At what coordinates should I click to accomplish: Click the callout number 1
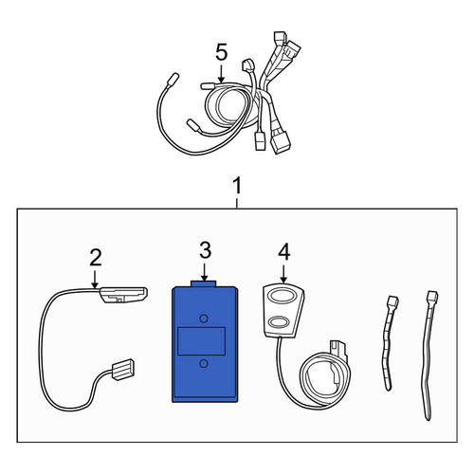coord(237,186)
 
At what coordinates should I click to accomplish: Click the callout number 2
coord(96,258)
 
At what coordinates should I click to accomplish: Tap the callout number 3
coord(206,251)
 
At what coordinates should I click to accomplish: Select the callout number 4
coord(284,252)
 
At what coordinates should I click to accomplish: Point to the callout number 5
coord(222,52)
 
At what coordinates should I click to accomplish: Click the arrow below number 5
coord(222,74)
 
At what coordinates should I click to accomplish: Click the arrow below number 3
coord(205,272)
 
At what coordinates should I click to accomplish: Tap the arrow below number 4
coord(283,274)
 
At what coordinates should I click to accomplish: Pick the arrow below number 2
coord(95,280)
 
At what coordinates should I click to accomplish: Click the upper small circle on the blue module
coord(204,319)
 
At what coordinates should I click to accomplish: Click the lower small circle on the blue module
coord(204,364)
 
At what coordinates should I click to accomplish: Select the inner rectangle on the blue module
coord(202,341)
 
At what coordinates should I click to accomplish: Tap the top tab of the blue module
coord(204,283)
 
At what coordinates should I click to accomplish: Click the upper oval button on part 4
coord(282,298)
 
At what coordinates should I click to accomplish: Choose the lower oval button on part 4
coord(279,321)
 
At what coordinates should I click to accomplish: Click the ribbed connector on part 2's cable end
coord(123,370)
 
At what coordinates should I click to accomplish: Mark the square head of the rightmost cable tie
coord(432,297)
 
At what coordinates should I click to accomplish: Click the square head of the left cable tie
coord(392,301)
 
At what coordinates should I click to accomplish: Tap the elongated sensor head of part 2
coord(123,295)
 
